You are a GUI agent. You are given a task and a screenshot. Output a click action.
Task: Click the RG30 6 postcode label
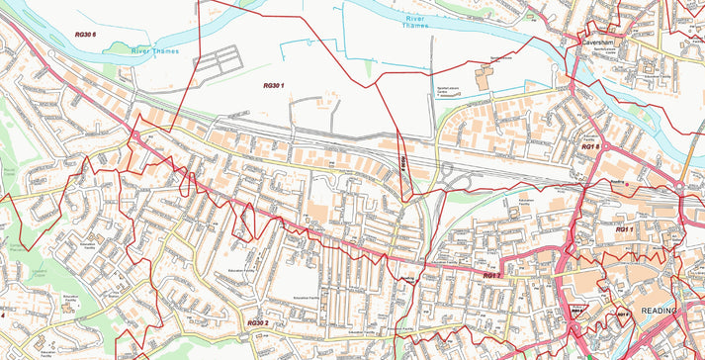coord(85,35)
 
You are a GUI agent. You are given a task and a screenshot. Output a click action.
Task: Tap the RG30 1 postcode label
coord(274,86)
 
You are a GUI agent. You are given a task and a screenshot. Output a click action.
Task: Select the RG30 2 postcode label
coord(257,323)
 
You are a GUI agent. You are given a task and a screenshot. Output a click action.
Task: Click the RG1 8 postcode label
coord(591,145)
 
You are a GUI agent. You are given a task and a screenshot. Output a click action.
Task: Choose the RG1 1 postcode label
coord(624,229)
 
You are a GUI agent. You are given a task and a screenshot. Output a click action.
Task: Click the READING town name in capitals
coord(660,311)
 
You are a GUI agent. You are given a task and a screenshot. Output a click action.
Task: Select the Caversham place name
coord(599,44)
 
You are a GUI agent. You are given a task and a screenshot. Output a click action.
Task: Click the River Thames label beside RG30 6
coord(156,50)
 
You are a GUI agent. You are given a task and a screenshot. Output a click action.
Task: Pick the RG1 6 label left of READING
coord(622,315)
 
